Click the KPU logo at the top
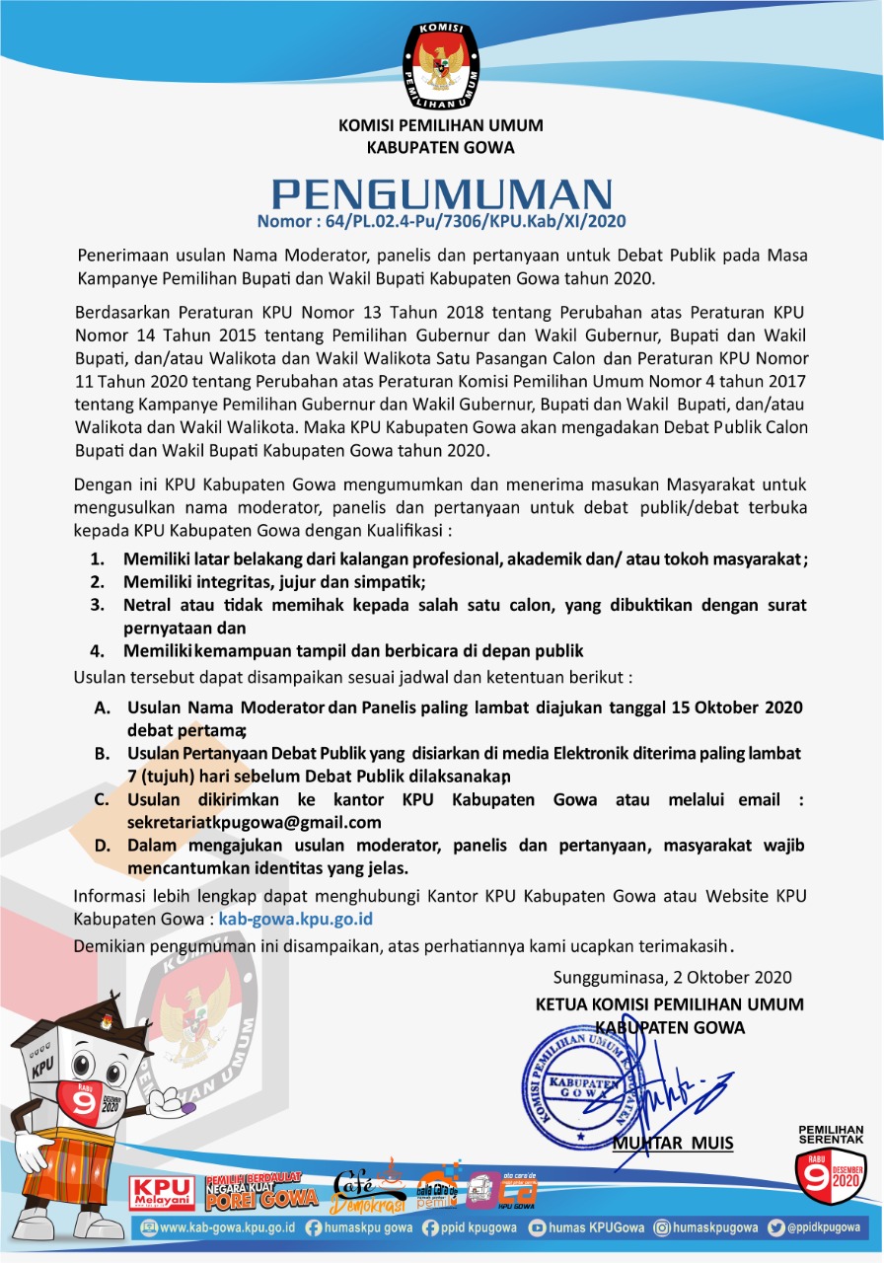pyautogui.click(x=440, y=64)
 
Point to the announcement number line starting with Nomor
pyautogui.click(x=441, y=221)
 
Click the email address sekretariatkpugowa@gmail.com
pyautogui.click(x=254, y=822)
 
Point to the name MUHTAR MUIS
pyautogui.click(x=673, y=1144)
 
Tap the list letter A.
pyautogui.click(x=103, y=708)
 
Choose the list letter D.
pyautogui.click(x=103, y=846)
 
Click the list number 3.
pyautogui.click(x=98, y=604)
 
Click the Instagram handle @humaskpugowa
pyautogui.click(x=707, y=1228)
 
